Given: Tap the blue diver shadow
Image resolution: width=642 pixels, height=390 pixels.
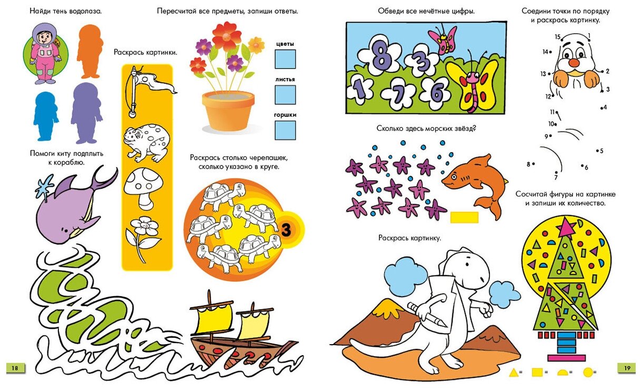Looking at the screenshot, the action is coord(46,116).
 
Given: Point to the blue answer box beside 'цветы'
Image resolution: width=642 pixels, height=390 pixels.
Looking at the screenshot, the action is coord(285,59).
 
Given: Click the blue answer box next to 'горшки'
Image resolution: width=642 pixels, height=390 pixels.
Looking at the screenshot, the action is coord(285,130).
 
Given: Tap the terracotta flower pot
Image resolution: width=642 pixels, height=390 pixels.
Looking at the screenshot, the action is coord(228,111).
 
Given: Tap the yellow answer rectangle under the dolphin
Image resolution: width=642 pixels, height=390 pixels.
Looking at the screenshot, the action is coord(464,217).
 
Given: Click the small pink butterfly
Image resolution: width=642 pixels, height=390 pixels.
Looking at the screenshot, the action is coord(442,40).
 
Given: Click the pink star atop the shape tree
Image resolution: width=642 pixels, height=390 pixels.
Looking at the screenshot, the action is coord(566,228).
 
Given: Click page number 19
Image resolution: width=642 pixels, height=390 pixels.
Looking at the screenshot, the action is coord(627,368).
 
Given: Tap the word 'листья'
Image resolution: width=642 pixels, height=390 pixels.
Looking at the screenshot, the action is coord(285,79).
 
